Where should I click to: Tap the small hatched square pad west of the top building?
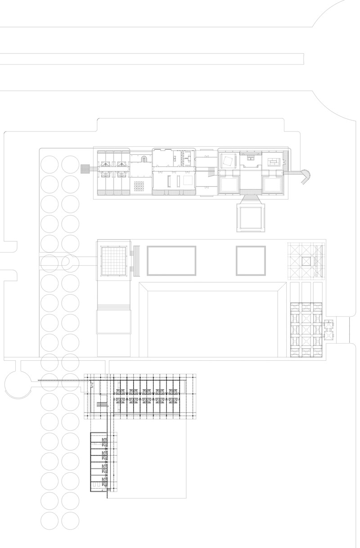tap(85, 169)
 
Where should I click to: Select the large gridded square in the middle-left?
tap(113, 261)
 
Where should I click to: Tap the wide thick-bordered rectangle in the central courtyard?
tap(171, 261)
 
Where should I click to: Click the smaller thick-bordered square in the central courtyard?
tap(251, 261)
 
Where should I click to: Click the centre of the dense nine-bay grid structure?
tap(307, 331)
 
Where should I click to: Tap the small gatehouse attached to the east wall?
tap(330, 329)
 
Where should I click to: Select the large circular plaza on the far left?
tap(17, 384)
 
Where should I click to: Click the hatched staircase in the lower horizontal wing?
tap(102, 405)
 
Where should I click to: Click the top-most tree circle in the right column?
tap(71, 164)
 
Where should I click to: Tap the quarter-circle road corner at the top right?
tap(333, 18)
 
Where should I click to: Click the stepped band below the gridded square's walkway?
tap(113, 307)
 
